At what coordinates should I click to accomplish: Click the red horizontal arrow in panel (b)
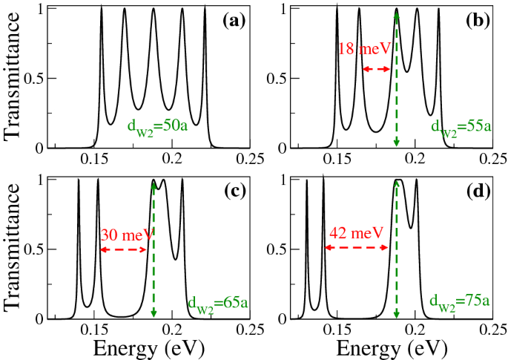coord(376,68)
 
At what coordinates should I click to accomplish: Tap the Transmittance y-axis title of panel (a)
coord(13,78)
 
